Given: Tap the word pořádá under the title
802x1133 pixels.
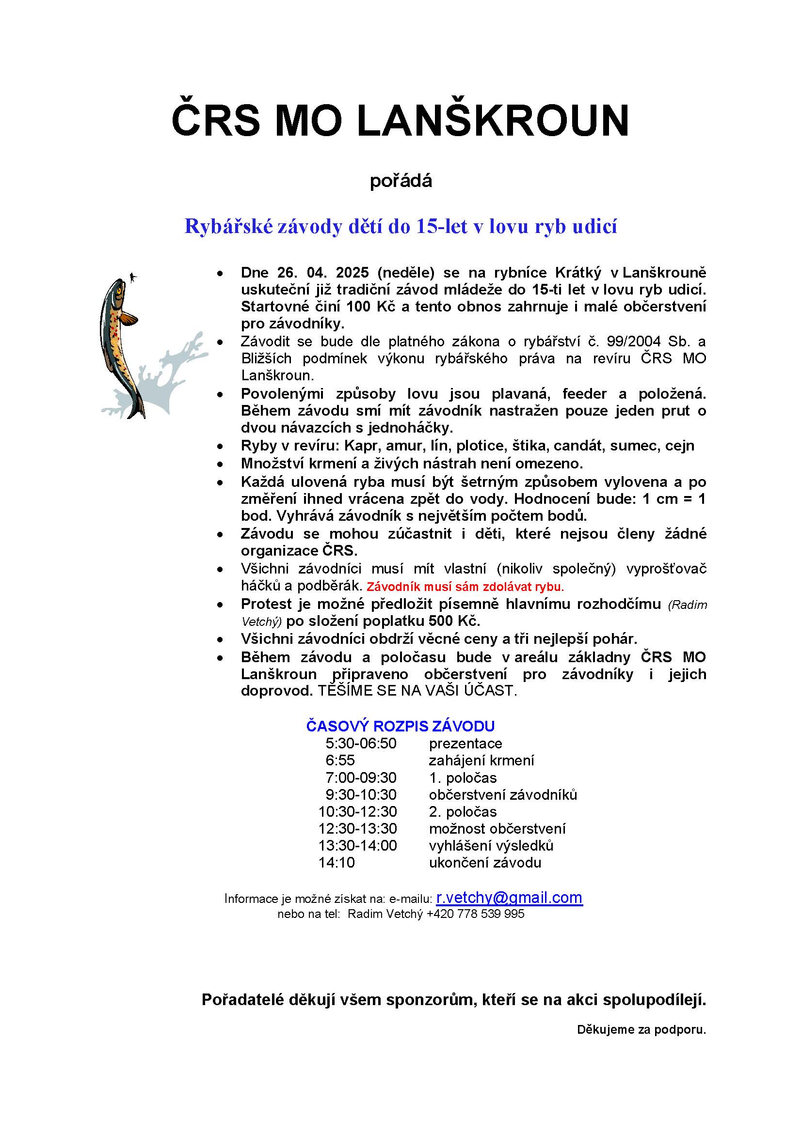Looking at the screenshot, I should coord(401,181).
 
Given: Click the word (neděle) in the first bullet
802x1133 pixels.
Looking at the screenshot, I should coord(405,272).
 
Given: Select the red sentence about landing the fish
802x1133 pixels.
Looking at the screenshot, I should coord(465,587).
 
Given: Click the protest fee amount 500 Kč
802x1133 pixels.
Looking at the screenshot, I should coord(454,621).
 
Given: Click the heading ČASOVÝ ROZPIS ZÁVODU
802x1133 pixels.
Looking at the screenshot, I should coord(401,726).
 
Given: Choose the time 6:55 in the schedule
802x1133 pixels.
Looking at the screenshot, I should coord(340,760).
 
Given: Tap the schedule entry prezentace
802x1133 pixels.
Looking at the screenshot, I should coord(465,743).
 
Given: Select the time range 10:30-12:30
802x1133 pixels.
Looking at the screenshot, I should coord(357,811).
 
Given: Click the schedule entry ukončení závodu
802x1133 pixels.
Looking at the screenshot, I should coord(485,862).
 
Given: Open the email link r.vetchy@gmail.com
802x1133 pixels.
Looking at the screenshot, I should coord(509,898).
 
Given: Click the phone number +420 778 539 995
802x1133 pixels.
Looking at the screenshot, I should coord(475,914).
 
